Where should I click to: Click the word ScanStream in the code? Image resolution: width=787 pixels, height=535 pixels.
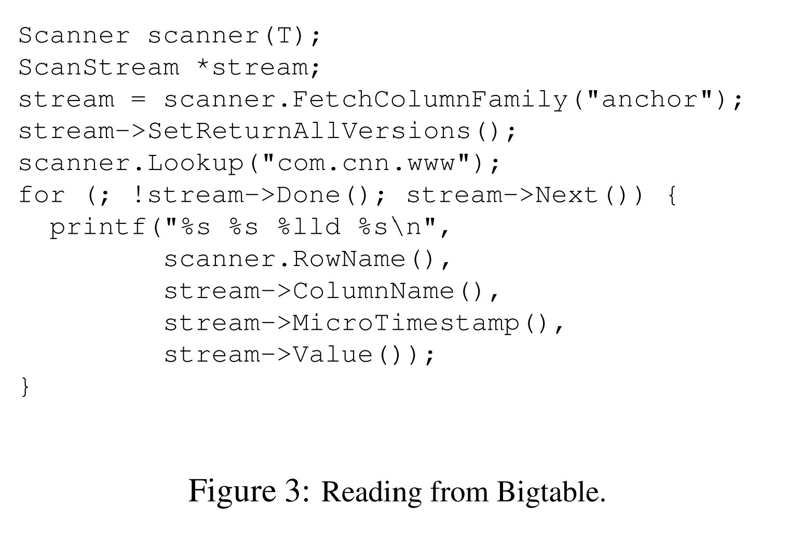(x=99, y=67)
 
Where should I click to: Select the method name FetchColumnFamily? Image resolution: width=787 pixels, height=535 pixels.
(x=429, y=100)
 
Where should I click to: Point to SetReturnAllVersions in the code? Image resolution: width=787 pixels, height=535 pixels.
(x=309, y=132)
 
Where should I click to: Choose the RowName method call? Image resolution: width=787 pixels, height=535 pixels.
(x=349, y=259)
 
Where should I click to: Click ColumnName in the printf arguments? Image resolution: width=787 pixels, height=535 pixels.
(x=373, y=291)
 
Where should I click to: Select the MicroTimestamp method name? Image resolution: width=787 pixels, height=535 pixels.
(x=405, y=323)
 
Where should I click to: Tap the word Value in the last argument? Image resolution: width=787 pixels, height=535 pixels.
(x=333, y=355)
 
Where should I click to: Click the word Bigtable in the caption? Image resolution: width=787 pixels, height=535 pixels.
(x=551, y=491)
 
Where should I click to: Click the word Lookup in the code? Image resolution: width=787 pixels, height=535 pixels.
(x=196, y=164)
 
